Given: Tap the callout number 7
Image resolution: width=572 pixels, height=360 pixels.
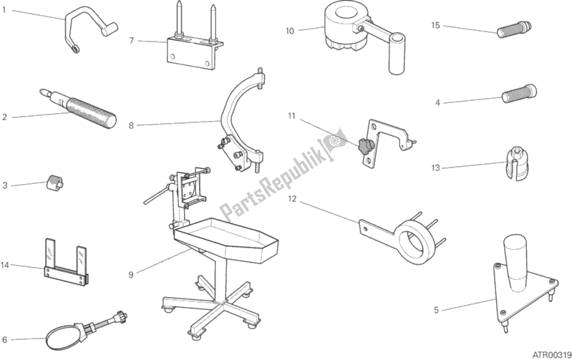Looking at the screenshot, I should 132,40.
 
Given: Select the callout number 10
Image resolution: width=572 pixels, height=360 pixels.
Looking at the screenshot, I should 289,31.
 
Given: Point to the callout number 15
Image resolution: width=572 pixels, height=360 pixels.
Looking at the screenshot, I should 435,25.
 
